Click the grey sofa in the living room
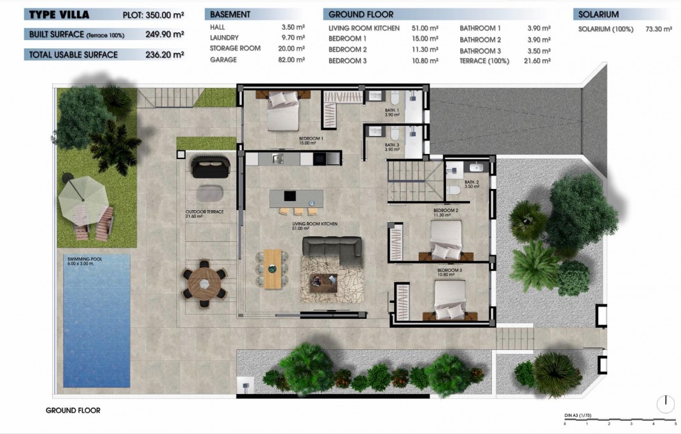332,250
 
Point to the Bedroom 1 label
311,141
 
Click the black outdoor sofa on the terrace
210,167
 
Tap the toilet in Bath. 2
454,190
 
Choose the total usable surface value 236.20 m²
164,55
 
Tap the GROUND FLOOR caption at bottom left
73,410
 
